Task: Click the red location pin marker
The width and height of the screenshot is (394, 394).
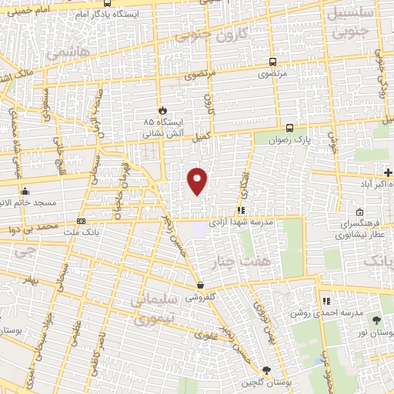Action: coord(199,179)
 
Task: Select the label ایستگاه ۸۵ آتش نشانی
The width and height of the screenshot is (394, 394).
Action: coord(161,128)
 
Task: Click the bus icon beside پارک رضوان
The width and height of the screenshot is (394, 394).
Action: coord(289,129)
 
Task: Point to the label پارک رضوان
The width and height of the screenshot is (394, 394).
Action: coord(275,141)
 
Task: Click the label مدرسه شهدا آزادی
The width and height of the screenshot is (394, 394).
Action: coord(269,222)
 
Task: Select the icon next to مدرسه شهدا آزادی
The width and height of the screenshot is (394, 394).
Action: coord(241,209)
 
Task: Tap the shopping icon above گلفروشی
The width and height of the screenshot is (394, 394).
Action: coord(200,285)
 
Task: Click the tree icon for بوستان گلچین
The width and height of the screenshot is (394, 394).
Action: coord(266,371)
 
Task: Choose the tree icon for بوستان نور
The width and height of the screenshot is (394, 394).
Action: coord(376,321)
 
